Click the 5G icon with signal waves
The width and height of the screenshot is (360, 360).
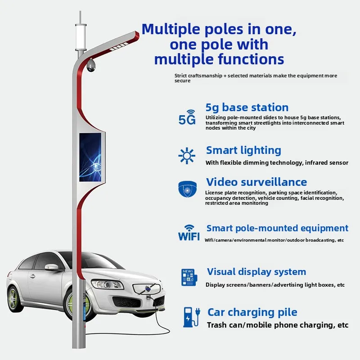coord(187,117)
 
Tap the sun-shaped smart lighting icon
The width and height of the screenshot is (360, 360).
coord(187,155)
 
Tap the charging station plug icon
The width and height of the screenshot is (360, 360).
coord(190,317)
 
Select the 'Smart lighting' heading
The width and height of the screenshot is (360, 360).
coord(243,150)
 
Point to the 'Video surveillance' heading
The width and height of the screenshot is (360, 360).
coord(256,182)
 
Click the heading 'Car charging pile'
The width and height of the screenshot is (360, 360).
coord(252,312)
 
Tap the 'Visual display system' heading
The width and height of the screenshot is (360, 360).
coord(256,272)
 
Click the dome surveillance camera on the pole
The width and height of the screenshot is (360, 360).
coord(92,66)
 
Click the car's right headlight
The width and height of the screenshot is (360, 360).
coord(107,284)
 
